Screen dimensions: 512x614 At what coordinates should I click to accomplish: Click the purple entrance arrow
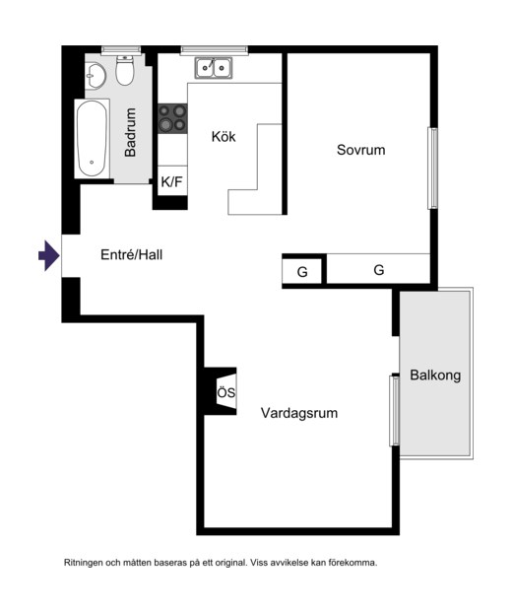pos(49,255)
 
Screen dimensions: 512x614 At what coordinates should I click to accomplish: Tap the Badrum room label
pos(130,132)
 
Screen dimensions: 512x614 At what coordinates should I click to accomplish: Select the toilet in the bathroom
pos(125,71)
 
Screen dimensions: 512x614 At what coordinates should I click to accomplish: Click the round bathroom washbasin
pos(96,76)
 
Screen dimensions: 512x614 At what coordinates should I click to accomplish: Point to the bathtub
pos(92,139)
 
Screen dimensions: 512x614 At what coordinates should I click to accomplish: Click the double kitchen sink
pos(214,68)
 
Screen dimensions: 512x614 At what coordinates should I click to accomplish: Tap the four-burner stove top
pos(172,118)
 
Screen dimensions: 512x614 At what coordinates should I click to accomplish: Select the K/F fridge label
pos(172,181)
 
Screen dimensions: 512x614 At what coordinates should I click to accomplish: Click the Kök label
pos(224,137)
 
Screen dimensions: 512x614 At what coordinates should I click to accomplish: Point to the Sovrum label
pos(361,150)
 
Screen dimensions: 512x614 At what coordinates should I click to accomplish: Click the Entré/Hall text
pos(131,255)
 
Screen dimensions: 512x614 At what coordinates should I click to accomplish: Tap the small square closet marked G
pos(302,271)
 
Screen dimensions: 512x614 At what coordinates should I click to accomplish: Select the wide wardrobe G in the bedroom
pos(378,269)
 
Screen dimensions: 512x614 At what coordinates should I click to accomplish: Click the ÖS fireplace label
pos(226,392)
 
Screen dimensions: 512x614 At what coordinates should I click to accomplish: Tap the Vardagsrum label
pos(299,413)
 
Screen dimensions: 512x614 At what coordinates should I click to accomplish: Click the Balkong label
pos(435,375)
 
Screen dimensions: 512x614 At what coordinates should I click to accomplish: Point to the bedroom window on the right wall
pos(432,168)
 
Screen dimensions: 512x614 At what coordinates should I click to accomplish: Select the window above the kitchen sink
pos(214,49)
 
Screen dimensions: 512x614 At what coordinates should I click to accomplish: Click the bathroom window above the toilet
pos(121,49)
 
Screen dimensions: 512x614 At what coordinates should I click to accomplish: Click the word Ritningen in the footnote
pos(84,563)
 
